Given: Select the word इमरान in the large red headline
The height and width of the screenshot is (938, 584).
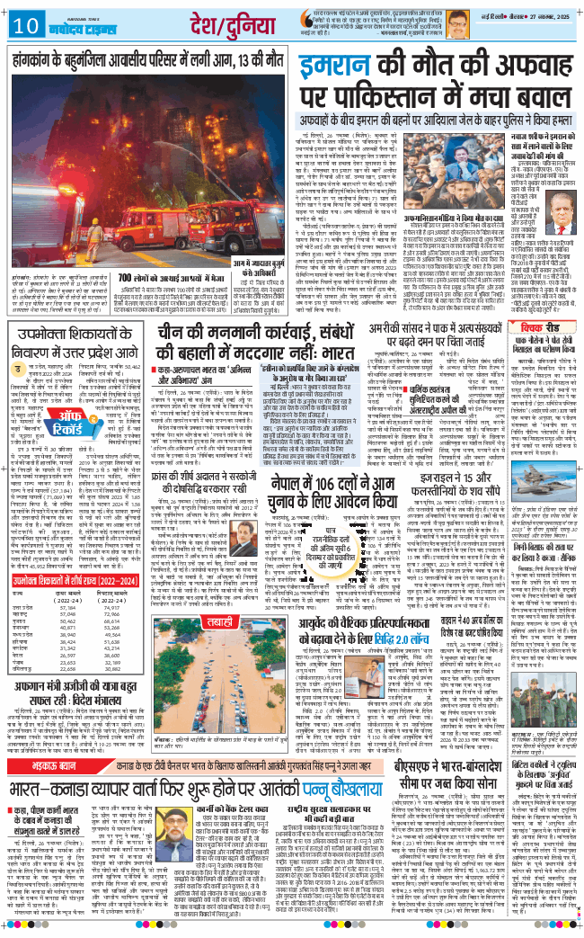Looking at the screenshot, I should coord(345,68).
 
